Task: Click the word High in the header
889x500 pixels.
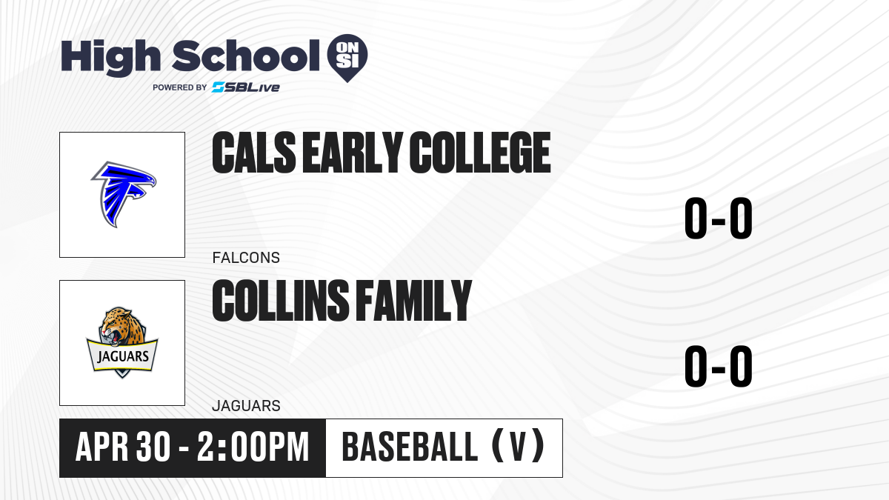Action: pos(111,58)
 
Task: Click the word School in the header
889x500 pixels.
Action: pos(246,55)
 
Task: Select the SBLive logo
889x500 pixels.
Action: pos(246,87)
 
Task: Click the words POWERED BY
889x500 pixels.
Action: pos(180,87)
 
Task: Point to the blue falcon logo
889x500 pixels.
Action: pos(124,194)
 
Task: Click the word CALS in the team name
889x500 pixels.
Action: pos(254,153)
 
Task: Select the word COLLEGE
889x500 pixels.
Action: pos(480,153)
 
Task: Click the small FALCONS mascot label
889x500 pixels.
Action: pos(246,258)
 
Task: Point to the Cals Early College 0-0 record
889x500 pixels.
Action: pos(719,218)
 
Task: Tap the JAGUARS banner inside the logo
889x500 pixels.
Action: pos(122,356)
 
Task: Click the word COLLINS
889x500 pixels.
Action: pos(281,301)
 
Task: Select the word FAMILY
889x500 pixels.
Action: pos(413,301)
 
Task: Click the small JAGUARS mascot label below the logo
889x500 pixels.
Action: pos(246,406)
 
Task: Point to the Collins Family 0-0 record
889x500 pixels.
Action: pos(719,366)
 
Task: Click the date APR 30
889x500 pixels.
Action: pos(123,447)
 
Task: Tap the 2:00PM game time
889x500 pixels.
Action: pos(253,447)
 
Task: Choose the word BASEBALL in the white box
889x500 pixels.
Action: pos(410,447)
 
